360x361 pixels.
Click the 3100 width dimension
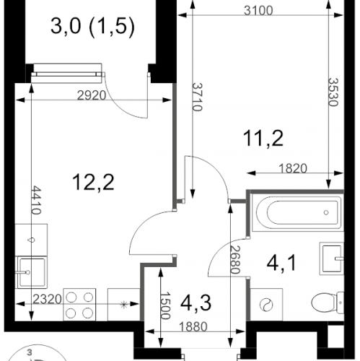pyautogui.click(x=258, y=11)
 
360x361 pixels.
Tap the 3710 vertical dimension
pyautogui.click(x=198, y=97)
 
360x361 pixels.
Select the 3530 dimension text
pyautogui.click(x=333, y=92)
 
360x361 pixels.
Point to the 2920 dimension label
pyautogui.click(x=92, y=95)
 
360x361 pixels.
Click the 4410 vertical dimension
pyautogui.click(x=37, y=200)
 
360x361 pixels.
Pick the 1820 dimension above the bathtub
pyautogui.click(x=293, y=168)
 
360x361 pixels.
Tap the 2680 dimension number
pyautogui.click(x=235, y=260)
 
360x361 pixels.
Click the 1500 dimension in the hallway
pyautogui.click(x=165, y=305)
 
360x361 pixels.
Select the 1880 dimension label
pyautogui.click(x=193, y=326)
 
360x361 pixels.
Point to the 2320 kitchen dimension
pyautogui.click(x=47, y=300)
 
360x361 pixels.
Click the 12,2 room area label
pyautogui.click(x=93, y=182)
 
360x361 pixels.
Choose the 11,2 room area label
pyautogui.click(x=263, y=138)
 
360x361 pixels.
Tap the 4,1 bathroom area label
pyautogui.click(x=281, y=263)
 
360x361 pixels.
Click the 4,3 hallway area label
pyautogui.click(x=196, y=303)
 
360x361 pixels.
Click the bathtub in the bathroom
pyautogui.click(x=297, y=212)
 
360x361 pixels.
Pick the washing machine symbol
pyautogui.click(x=266, y=305)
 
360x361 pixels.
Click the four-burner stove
pyautogui.click(x=79, y=305)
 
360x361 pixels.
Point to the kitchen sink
pyautogui.click(x=31, y=272)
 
